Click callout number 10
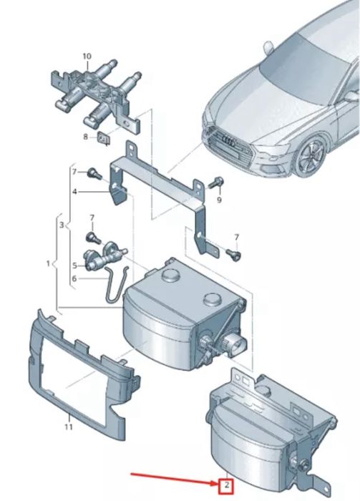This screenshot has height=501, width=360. click(x=87, y=56)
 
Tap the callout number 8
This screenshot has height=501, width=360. click(x=85, y=136)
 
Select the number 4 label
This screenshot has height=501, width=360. click(x=73, y=191)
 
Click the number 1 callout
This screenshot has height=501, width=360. click(x=48, y=263)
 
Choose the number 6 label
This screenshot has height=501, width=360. click(x=219, y=200)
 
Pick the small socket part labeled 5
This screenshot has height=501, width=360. click(x=100, y=261)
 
